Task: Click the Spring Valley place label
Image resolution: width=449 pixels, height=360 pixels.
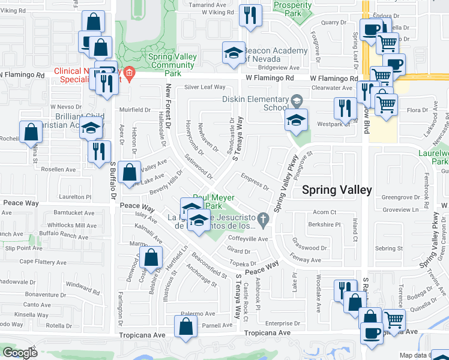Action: point(336,190)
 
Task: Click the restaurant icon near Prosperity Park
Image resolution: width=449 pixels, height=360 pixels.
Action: point(249,14)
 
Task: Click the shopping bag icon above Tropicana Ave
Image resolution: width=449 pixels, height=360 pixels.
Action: point(186,326)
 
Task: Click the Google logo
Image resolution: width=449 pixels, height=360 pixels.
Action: point(20,352)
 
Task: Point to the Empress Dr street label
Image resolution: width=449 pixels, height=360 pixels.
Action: point(254,181)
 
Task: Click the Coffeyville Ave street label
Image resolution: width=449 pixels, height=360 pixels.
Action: point(247,238)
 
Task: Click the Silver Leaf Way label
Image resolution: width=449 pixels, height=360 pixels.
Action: point(205,87)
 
